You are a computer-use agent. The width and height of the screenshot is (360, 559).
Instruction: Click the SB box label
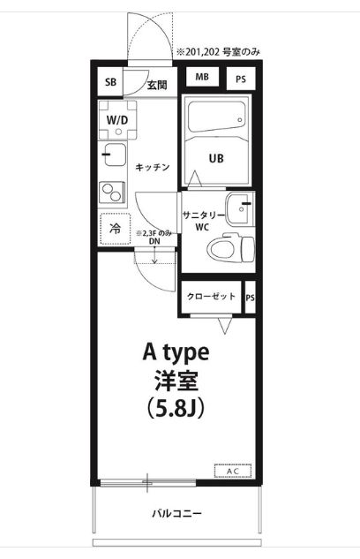click(110, 83)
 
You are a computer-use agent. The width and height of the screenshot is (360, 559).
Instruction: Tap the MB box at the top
click(202, 78)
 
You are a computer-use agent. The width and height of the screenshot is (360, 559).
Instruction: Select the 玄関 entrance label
click(157, 85)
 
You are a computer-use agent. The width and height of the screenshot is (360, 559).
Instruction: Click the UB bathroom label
click(216, 159)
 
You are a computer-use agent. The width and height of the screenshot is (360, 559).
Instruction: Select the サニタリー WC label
click(203, 220)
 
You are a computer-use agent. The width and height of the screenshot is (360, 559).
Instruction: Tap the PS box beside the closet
click(251, 298)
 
